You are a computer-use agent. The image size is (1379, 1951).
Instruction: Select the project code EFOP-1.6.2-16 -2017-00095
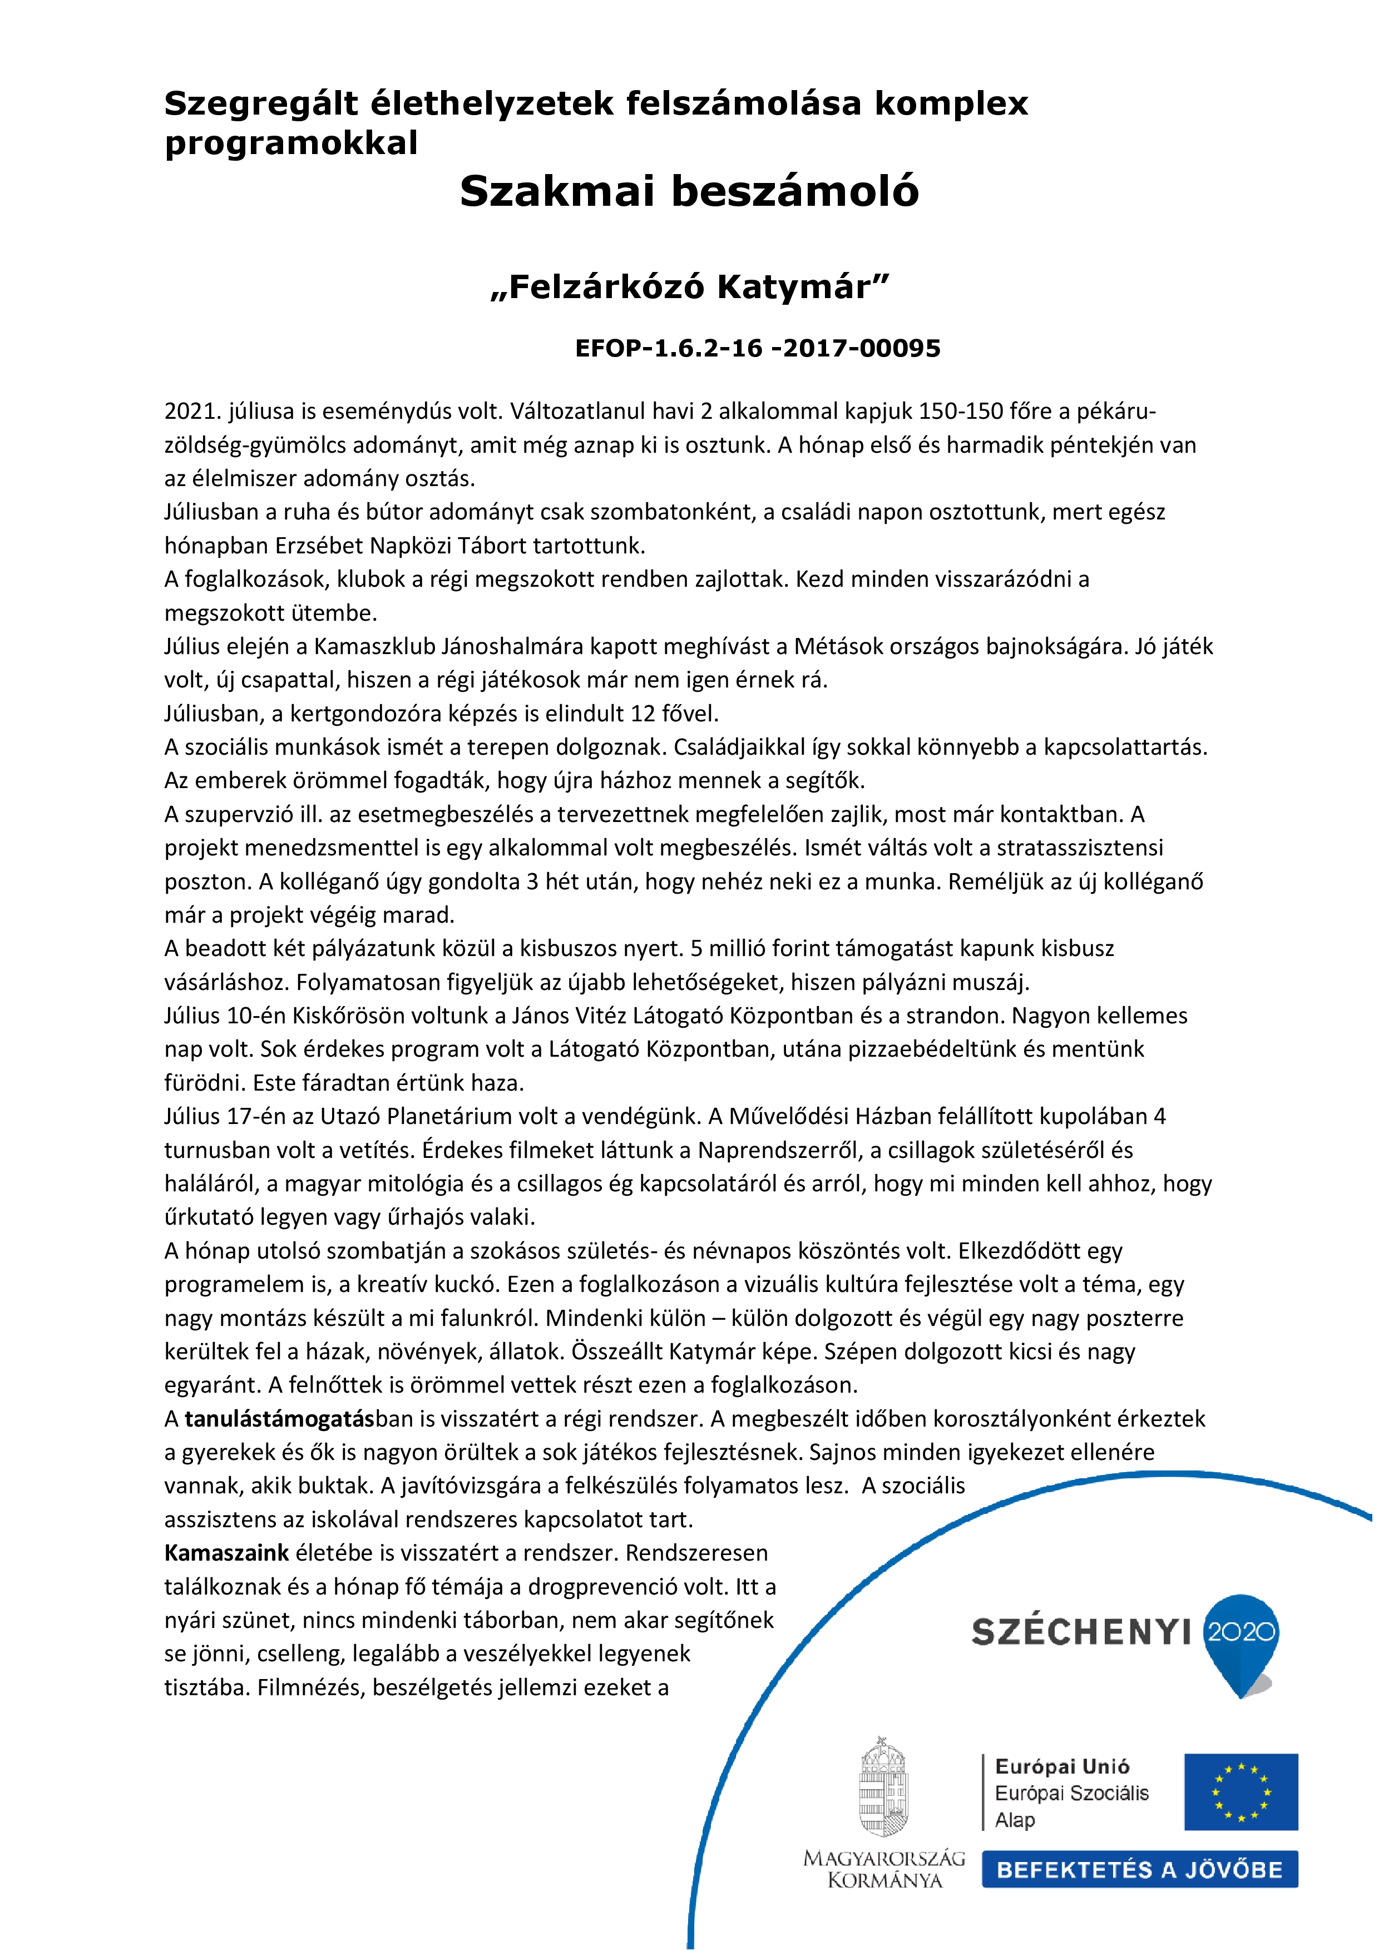[757, 348]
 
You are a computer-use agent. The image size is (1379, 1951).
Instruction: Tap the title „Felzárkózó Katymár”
[689, 287]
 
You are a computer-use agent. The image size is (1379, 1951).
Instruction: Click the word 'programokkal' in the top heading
[290, 143]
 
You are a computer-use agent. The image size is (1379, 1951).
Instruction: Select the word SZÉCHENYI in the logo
[1081, 1632]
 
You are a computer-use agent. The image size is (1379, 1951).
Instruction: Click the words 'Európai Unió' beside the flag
[1062, 1766]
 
